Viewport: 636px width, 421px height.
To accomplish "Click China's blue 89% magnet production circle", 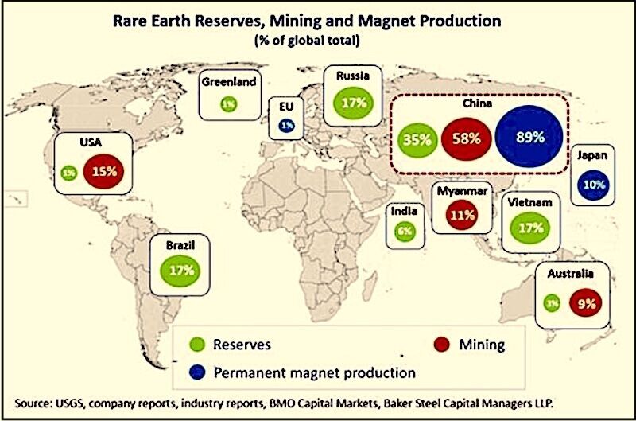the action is click(529, 136).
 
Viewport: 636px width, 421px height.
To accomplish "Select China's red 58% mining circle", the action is click(466, 138).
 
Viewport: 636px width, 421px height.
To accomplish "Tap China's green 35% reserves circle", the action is click(417, 140).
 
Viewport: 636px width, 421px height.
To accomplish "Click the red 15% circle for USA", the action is click(104, 171).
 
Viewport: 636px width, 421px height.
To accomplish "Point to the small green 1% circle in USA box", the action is click(69, 173).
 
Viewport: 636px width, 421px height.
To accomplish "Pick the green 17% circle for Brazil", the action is click(180, 271).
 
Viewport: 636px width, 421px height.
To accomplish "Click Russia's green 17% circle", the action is click(353, 103).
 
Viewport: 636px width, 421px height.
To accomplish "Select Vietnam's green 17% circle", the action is click(530, 228).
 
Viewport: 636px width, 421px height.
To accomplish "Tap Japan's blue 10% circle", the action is click(594, 185).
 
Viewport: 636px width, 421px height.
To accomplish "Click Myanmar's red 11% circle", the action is click(462, 214).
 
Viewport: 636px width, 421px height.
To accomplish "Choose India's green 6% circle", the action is click(405, 232).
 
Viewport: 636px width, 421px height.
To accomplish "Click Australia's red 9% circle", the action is click(586, 303).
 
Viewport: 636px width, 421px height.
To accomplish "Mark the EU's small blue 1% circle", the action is click(287, 126).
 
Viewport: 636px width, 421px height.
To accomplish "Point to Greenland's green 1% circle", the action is click(229, 105).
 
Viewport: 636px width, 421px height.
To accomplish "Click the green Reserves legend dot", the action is click(197, 345).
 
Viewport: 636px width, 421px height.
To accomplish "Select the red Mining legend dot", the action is click(441, 345).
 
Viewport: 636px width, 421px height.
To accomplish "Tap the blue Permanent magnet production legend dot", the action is click(197, 372).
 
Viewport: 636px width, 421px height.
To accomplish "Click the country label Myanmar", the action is click(462, 191).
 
